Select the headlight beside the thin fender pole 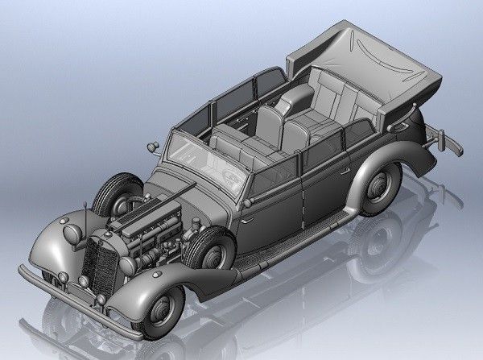click(72, 234)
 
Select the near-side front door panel click(274, 201)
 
